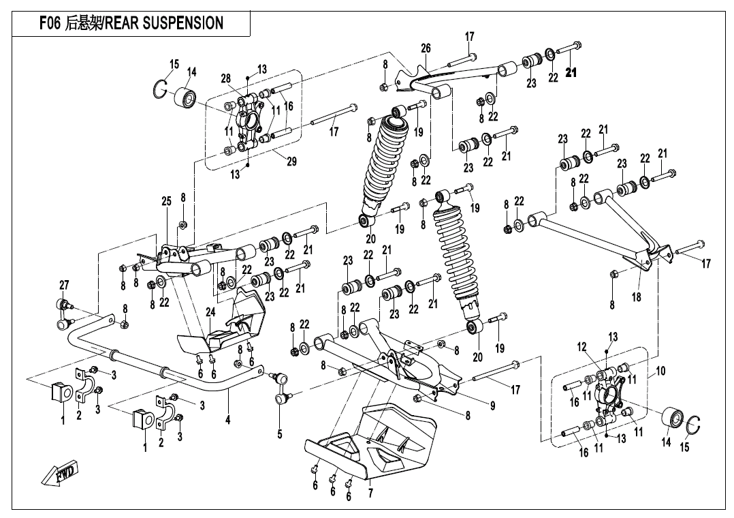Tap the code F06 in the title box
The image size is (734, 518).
pyautogui.click(x=50, y=23)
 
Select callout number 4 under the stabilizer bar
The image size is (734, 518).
pyautogui.click(x=228, y=421)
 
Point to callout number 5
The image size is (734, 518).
pyautogui.click(x=279, y=433)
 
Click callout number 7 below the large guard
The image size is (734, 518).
pyautogui.click(x=370, y=494)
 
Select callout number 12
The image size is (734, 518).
pyautogui.click(x=582, y=348)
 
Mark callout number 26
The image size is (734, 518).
pyautogui.click(x=426, y=48)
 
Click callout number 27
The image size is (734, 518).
pyautogui.click(x=64, y=284)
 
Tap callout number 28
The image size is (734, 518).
pyautogui.click(x=226, y=78)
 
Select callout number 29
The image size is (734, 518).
pyautogui.click(x=291, y=162)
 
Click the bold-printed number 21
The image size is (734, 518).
pyautogui.click(x=571, y=74)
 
